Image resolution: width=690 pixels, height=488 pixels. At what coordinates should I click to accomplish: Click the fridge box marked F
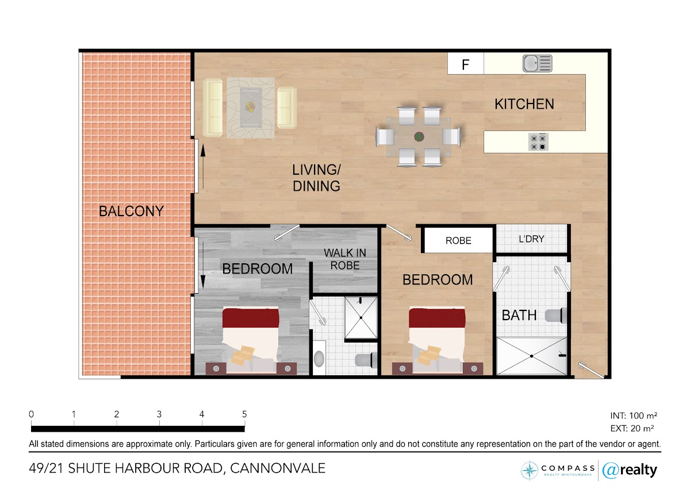[465, 63]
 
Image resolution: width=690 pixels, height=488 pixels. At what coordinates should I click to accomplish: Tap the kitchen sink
[537, 63]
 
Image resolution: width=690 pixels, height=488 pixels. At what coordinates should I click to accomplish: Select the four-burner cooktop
[538, 142]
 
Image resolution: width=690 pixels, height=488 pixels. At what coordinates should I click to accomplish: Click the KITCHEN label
[524, 104]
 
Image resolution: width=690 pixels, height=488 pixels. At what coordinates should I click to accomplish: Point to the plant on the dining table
[419, 136]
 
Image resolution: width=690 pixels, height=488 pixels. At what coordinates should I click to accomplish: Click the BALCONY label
[131, 211]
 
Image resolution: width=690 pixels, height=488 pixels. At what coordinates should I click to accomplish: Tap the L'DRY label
[531, 239]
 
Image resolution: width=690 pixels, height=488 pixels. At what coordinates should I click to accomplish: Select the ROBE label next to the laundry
[458, 240]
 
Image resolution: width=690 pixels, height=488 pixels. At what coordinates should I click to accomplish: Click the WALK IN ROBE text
[345, 259]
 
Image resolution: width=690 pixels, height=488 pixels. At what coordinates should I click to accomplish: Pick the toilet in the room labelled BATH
[556, 316]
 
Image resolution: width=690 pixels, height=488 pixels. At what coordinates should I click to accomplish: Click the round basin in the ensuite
[319, 359]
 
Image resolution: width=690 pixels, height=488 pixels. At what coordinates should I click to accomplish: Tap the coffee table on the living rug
[251, 107]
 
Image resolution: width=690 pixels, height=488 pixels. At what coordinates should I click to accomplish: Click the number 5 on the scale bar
[244, 414]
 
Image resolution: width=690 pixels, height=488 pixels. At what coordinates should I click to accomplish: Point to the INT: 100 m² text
[634, 416]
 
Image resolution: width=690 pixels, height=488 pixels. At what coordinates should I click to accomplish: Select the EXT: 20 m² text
[632, 428]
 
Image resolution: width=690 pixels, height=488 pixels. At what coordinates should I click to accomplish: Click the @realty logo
[630, 470]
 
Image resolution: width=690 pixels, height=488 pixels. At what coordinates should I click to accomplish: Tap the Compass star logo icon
[529, 470]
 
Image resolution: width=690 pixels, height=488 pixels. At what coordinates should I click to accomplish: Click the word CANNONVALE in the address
[278, 468]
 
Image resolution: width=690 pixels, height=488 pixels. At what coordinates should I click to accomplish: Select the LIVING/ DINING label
[316, 178]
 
